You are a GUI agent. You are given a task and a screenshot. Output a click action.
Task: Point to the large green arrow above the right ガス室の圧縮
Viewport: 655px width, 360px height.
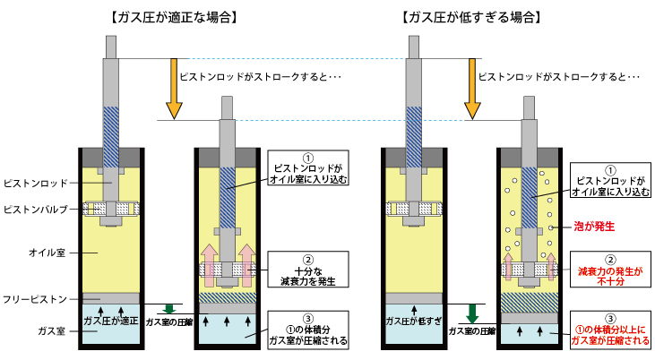pyautogui.click(x=471, y=313)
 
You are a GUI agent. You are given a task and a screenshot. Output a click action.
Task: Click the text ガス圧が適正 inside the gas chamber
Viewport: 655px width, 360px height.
pyautogui.click(x=111, y=320)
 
